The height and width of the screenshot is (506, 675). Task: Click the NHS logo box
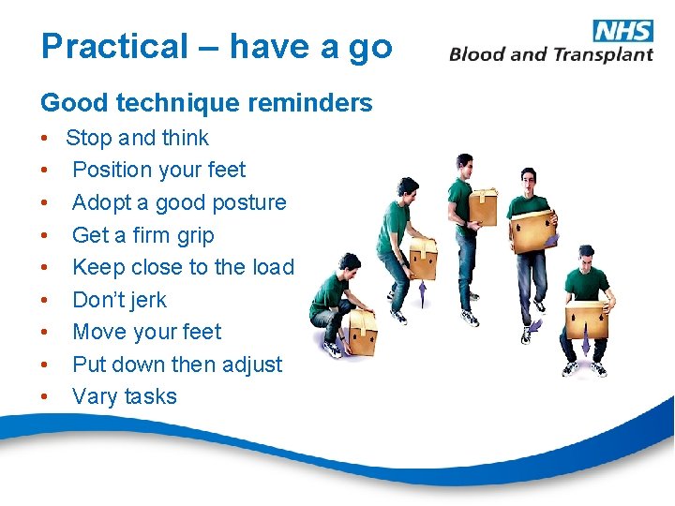pyautogui.click(x=623, y=31)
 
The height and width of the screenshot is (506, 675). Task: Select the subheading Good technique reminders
pyautogui.click(x=206, y=102)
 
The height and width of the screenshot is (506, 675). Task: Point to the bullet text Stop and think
pyautogui.click(x=137, y=138)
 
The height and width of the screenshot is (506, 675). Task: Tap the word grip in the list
pyautogui.click(x=195, y=235)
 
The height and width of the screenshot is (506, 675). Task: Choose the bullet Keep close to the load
pyautogui.click(x=183, y=267)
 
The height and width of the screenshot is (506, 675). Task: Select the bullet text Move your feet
pyautogui.click(x=147, y=332)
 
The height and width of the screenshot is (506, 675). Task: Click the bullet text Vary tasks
pyautogui.click(x=125, y=396)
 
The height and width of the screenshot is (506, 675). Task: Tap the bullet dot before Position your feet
pyautogui.click(x=45, y=171)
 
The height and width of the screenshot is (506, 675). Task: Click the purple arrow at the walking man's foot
pyautogui.click(x=534, y=326)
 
